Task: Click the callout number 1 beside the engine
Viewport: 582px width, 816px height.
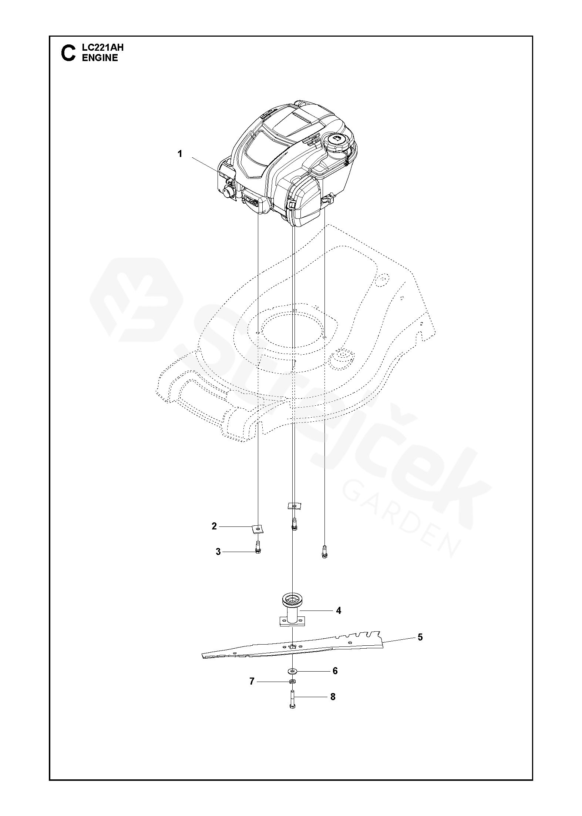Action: point(180,154)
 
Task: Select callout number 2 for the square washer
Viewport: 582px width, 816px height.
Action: point(214,526)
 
